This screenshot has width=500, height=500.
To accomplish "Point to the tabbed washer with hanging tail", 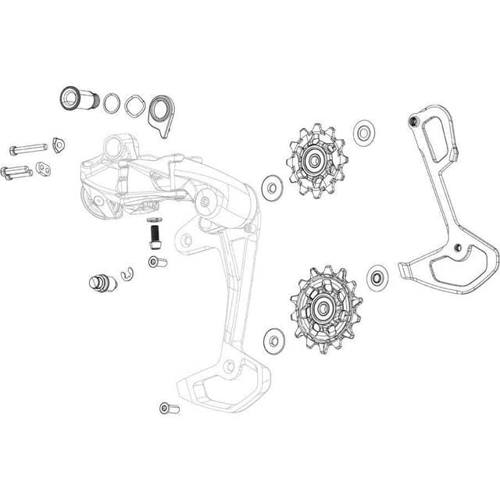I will click(x=162, y=111).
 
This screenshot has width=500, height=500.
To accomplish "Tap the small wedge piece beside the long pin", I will click(x=58, y=143).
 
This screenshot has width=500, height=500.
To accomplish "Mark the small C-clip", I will click(x=128, y=273).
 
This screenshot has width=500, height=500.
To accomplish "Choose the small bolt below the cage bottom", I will click(x=168, y=408).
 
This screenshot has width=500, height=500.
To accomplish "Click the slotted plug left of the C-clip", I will click(x=101, y=281).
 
